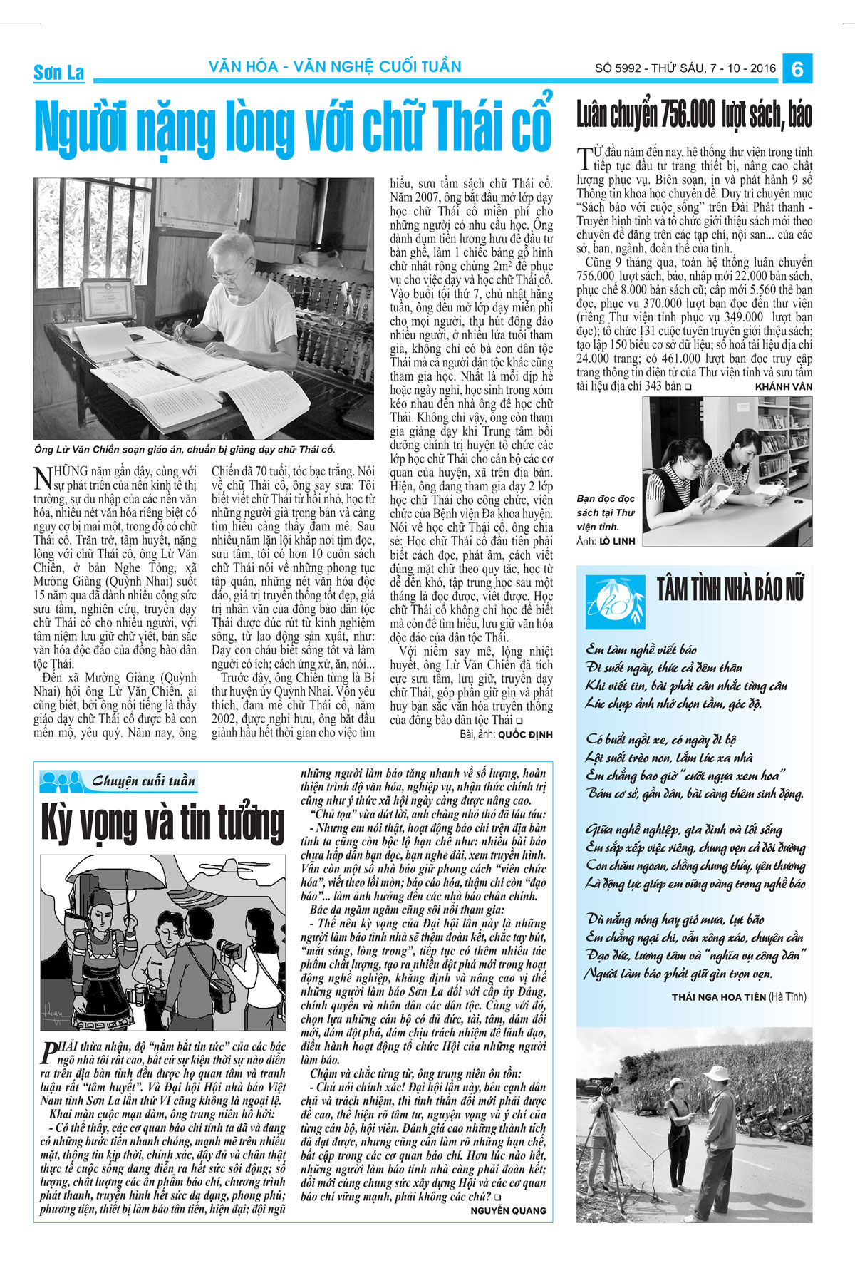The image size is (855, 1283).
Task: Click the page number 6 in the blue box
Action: (797, 69)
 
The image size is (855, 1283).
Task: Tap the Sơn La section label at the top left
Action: (58, 72)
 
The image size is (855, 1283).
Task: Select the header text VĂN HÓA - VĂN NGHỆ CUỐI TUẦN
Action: (335, 67)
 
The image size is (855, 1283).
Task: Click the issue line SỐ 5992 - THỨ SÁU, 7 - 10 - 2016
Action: (685, 69)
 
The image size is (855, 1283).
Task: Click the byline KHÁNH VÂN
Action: (783, 387)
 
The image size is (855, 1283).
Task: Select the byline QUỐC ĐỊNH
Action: (525, 734)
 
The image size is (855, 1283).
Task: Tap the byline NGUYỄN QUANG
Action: (508, 1210)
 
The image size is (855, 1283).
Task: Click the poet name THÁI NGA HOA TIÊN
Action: (719, 996)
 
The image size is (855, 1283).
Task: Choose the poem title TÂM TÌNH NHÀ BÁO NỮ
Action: (730, 591)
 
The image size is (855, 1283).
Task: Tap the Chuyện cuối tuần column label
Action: (142, 781)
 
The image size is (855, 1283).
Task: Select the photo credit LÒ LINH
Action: (617, 541)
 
